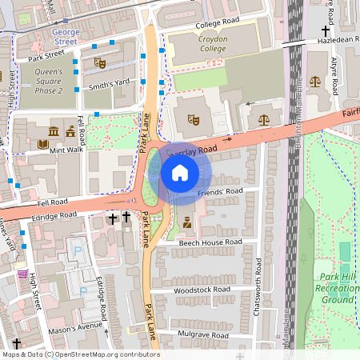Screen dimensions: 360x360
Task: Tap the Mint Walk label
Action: [66, 149]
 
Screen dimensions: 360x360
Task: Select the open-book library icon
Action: [43, 145]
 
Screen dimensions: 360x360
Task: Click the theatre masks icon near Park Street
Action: [99, 62]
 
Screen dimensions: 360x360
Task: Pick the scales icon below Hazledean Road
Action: [314, 81]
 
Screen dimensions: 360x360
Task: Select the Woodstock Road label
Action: [201, 289]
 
